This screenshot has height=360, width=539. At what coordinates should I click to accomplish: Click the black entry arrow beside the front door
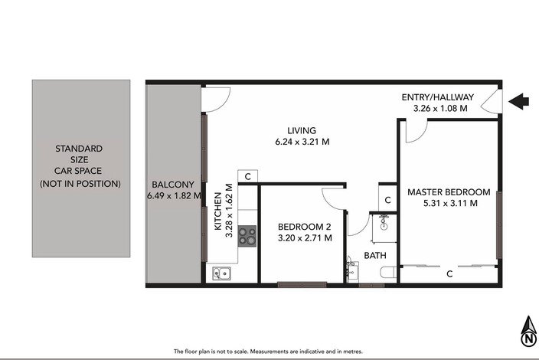click(519, 101)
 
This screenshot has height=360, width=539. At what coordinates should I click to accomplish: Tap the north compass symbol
click(528, 332)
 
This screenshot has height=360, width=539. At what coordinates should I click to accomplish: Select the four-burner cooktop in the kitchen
click(247, 236)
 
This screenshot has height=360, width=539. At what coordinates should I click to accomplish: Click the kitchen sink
click(221, 273)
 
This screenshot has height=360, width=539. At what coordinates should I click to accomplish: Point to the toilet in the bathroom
click(388, 273)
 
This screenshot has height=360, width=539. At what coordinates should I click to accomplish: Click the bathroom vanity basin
click(352, 269)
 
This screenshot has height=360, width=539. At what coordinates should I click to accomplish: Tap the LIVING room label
click(302, 131)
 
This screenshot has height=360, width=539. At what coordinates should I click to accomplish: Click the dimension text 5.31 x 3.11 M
click(450, 203)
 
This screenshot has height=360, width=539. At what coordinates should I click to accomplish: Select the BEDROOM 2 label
click(304, 227)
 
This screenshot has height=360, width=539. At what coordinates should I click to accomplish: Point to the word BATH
click(375, 256)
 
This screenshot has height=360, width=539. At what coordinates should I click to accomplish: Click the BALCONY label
click(173, 185)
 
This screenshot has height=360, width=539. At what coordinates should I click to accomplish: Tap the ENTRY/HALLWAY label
click(438, 97)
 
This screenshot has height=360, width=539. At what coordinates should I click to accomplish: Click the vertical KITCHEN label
click(218, 211)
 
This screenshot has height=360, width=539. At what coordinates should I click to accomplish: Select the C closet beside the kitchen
click(247, 177)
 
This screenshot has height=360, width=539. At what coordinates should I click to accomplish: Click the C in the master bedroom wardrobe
click(449, 274)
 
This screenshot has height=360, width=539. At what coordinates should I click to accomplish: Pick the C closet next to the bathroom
click(387, 200)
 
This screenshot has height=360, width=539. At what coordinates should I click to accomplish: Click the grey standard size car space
click(81, 169)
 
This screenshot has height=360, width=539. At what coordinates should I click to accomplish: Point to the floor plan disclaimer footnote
click(268, 352)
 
